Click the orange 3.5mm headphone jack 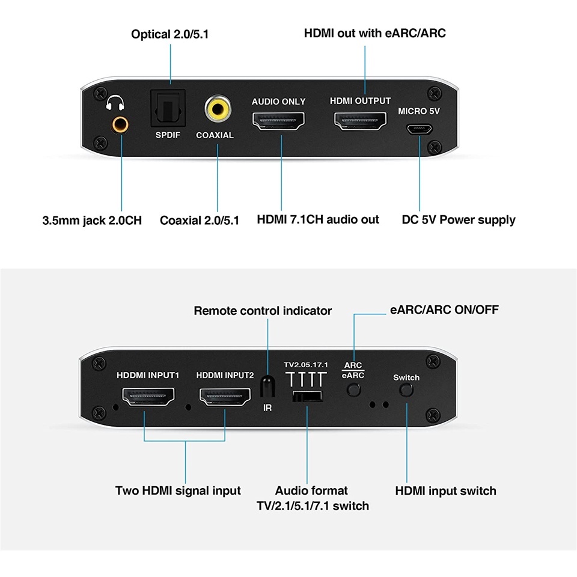(x=120, y=124)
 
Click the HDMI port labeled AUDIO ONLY (x=278, y=123)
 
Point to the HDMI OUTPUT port (x=360, y=123)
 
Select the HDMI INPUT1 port (x=148, y=397)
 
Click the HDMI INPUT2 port (x=225, y=397)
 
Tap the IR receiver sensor (x=267, y=386)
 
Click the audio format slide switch (x=307, y=396)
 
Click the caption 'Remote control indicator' (x=263, y=311)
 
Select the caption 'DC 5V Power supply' (x=459, y=220)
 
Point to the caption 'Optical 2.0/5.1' (x=170, y=34)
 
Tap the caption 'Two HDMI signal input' (x=178, y=491)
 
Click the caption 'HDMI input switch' (x=445, y=491)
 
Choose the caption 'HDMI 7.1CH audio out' (x=318, y=219)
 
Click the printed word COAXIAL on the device (x=215, y=135)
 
